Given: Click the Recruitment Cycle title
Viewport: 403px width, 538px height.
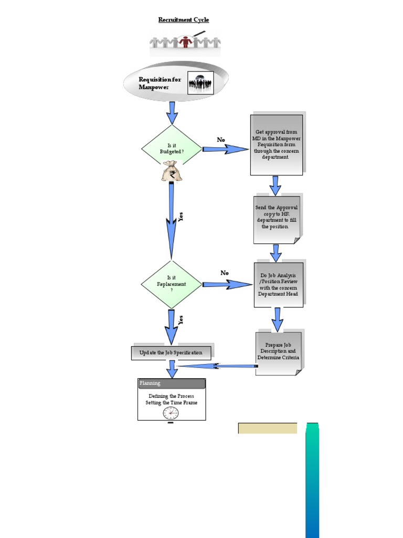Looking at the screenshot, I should (x=184, y=20).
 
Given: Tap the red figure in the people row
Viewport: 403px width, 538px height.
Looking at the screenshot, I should (x=185, y=42).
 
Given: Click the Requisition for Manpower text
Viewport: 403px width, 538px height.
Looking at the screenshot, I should (x=160, y=83).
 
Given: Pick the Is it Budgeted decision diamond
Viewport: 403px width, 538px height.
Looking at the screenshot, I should (x=172, y=149).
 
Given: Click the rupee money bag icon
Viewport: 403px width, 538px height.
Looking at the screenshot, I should (x=172, y=172).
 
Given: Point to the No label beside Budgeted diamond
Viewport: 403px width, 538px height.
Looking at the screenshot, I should (x=221, y=140).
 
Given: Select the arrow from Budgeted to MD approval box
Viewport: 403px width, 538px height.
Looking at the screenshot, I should (x=225, y=149).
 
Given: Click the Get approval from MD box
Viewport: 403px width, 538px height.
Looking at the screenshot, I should (x=276, y=144).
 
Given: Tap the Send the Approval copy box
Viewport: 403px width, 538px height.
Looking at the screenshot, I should (x=277, y=218).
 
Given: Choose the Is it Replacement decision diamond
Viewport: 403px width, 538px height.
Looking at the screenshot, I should (x=172, y=284).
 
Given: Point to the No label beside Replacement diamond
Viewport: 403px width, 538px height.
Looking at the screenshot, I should (x=225, y=273).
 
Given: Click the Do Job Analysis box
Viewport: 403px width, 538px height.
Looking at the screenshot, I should (x=278, y=285).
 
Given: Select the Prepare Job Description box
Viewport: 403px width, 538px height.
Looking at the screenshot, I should (x=278, y=352).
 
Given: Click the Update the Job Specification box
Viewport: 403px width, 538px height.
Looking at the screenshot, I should (x=171, y=353).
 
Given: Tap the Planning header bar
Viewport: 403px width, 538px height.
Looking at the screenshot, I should (x=172, y=384).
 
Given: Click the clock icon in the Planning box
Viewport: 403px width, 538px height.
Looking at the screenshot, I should (x=171, y=413).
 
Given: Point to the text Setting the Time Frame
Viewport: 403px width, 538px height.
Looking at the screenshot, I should (x=172, y=403).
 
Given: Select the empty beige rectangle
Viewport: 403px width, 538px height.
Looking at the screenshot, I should (x=268, y=428).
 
